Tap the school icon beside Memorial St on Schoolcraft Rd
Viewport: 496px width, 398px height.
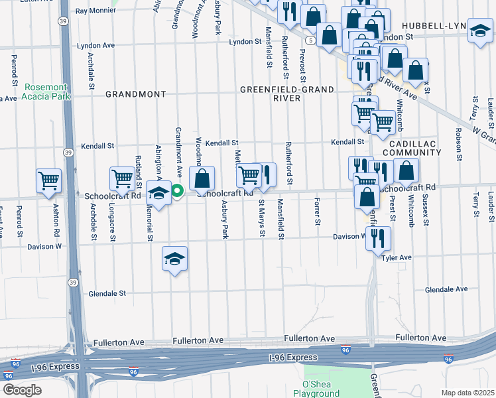click(158, 193)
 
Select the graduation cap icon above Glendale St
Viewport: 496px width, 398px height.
click(174, 259)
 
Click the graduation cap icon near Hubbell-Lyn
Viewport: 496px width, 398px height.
click(480, 31)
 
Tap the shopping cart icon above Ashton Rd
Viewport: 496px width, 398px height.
click(49, 181)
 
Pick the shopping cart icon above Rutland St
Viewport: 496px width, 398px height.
click(122, 178)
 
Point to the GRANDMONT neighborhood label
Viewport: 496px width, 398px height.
click(135, 94)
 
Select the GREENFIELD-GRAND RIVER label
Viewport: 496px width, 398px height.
click(279, 94)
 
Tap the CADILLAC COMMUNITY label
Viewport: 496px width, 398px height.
click(415, 148)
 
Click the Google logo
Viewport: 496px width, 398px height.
click(21, 390)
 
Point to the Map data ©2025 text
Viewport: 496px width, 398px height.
click(467, 393)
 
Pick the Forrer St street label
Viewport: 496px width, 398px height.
click(318, 211)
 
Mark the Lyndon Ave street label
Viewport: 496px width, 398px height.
click(96, 46)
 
